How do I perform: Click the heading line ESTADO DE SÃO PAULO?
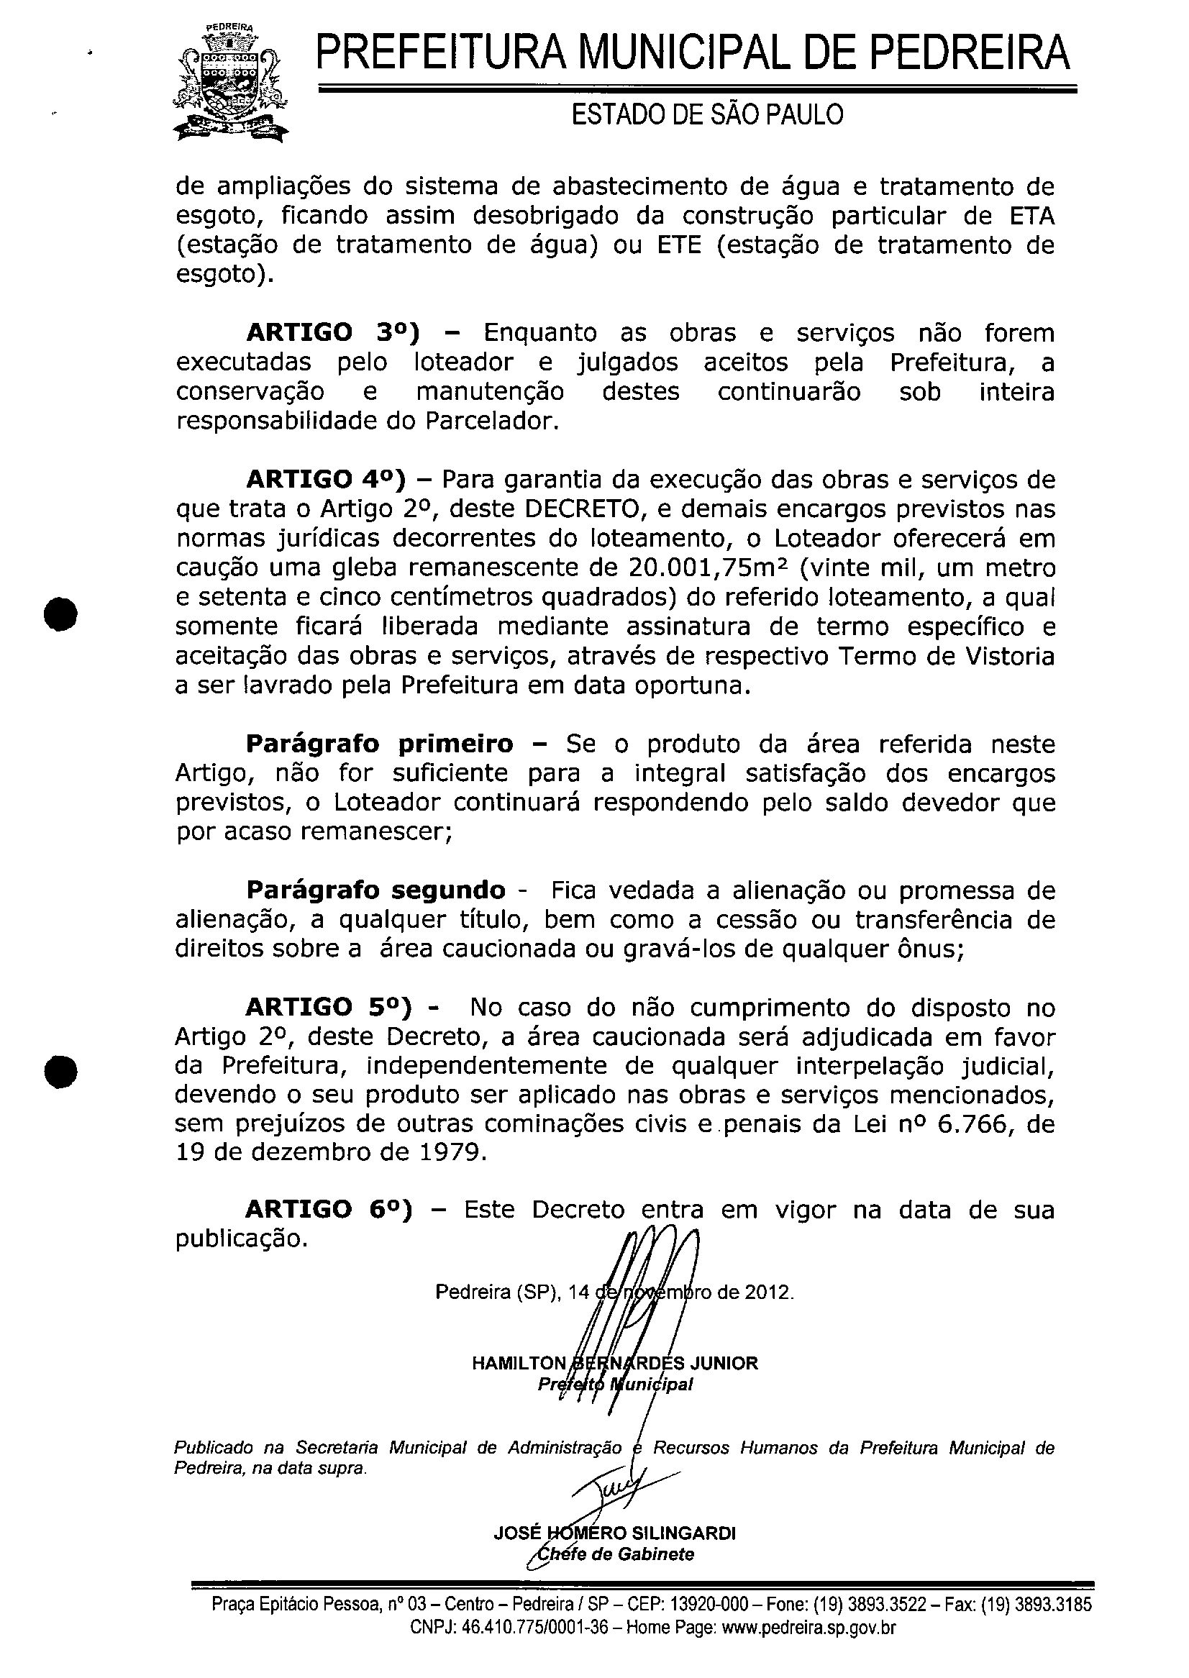[706, 114]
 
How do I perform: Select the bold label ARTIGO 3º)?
[333, 333]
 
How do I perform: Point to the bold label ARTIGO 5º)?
[329, 1008]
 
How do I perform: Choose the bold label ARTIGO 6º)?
[329, 1209]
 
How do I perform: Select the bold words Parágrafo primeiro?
[379, 744]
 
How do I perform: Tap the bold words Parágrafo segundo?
[375, 890]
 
